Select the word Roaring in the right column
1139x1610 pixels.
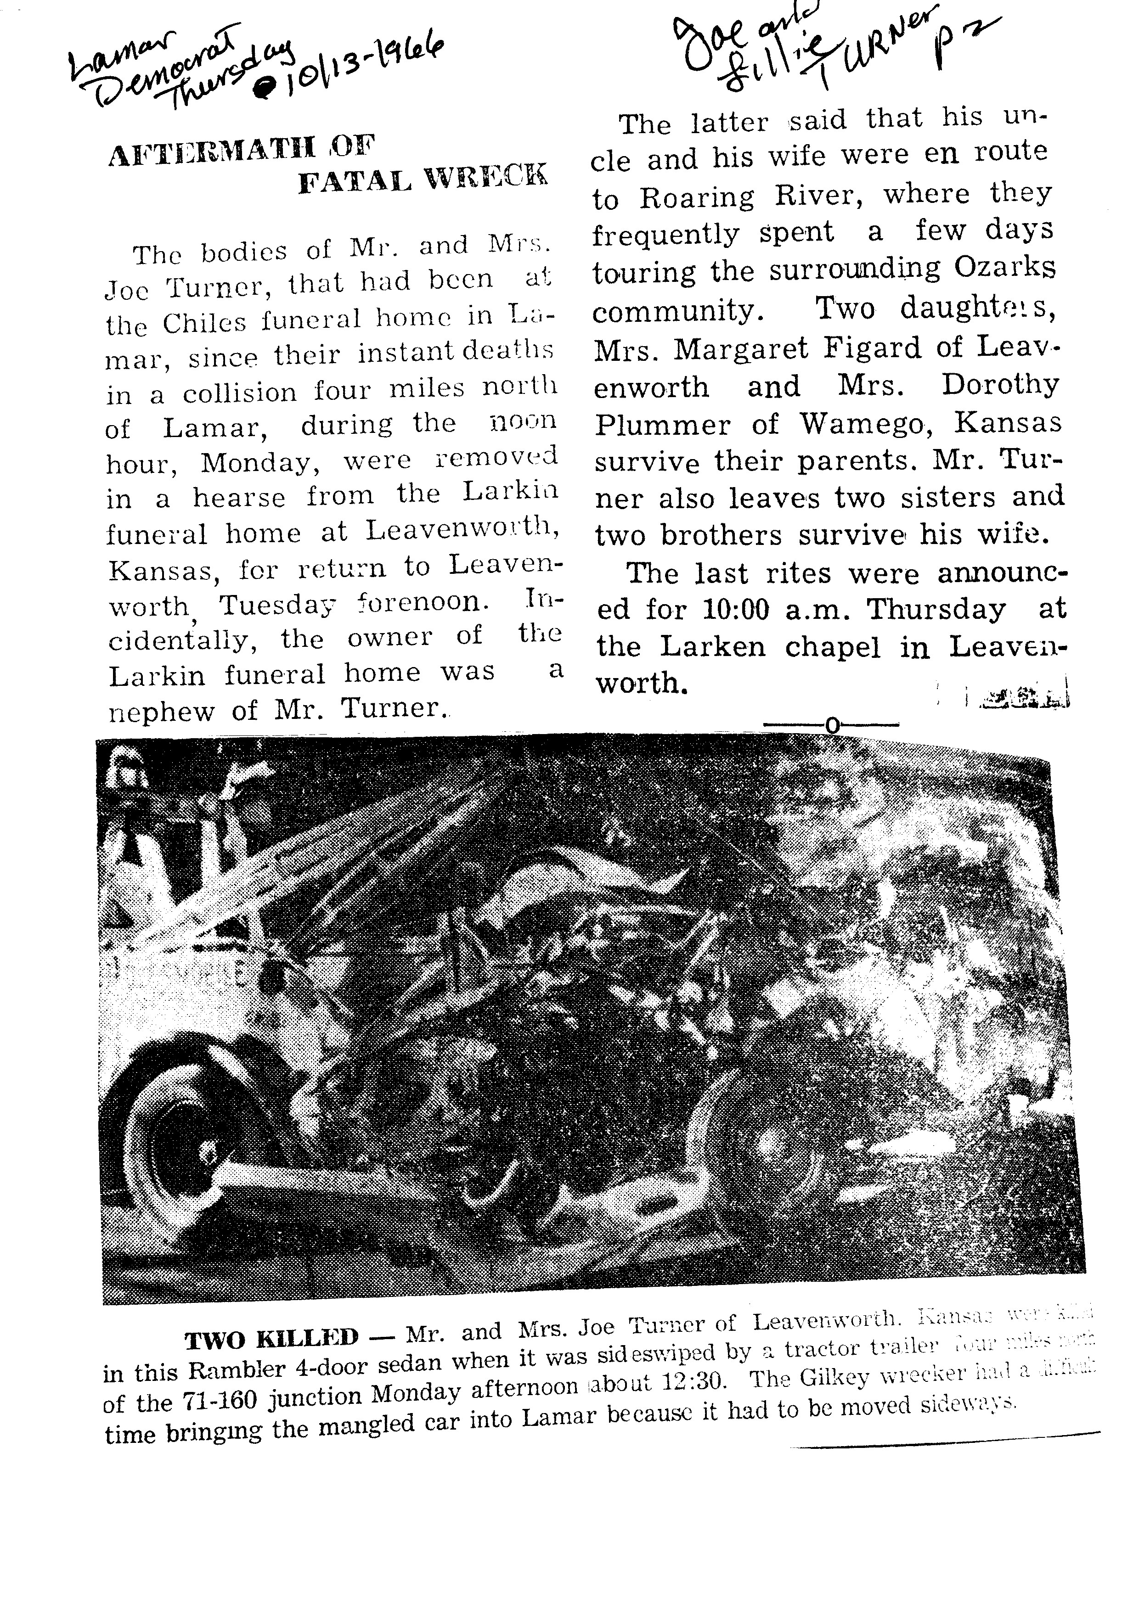pyautogui.click(x=696, y=198)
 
